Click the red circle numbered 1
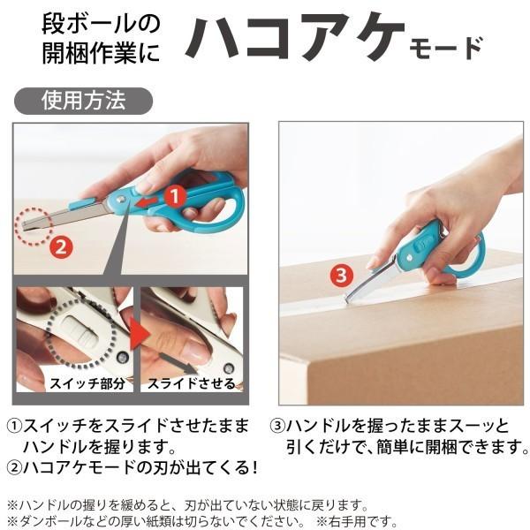(x=175, y=195)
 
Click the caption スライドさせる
(x=192, y=383)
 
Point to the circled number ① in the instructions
(x=17, y=423)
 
